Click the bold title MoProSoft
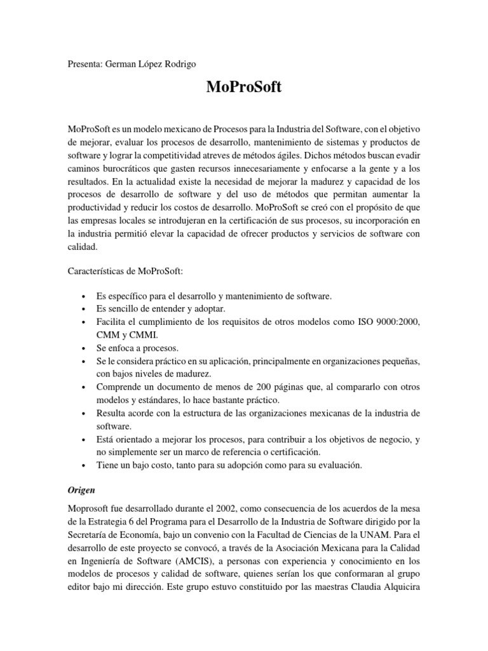[243, 88]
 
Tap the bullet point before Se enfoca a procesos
[85, 348]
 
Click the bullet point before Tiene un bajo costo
[85, 465]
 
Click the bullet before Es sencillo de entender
[85, 310]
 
